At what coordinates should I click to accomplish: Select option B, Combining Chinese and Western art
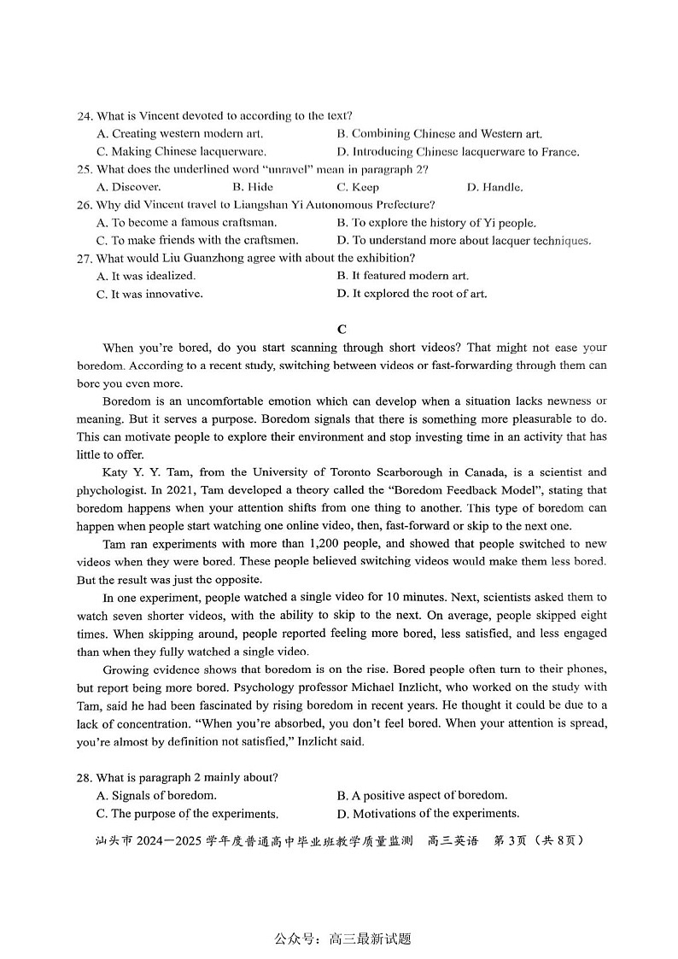click(439, 134)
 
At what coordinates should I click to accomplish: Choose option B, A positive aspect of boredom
click(422, 795)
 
